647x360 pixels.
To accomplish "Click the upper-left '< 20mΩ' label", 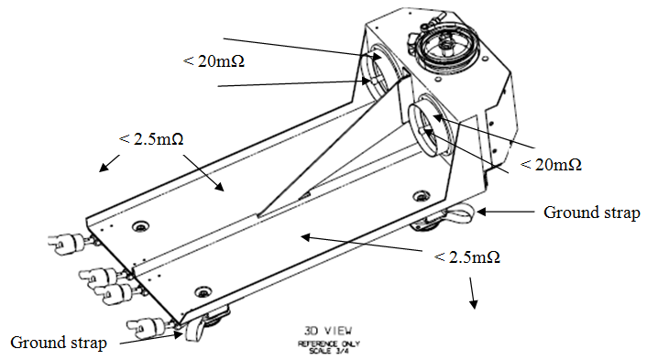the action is (214, 61).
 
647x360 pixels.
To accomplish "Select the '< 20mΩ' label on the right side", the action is (551, 165).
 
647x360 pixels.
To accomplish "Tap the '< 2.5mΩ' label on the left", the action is (151, 139).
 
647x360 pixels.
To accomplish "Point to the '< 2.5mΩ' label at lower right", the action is (467, 257).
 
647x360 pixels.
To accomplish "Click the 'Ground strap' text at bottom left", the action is (59, 344).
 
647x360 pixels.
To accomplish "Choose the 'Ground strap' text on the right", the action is (592, 213).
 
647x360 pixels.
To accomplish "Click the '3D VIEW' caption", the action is (328, 331).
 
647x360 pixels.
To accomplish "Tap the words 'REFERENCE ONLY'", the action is (329, 344).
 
